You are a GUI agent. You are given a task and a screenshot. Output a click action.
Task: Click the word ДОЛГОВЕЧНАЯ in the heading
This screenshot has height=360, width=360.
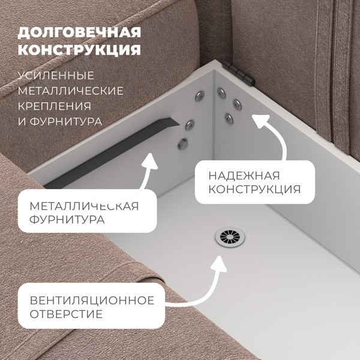tap(79, 32)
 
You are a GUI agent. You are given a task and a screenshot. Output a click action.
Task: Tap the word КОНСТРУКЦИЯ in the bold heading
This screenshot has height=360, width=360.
tap(79, 50)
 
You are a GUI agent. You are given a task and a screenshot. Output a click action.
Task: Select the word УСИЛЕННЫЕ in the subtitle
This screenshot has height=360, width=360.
tap(56, 76)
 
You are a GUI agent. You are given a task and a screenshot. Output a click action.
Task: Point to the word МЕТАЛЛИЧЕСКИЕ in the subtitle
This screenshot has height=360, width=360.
tap(71, 91)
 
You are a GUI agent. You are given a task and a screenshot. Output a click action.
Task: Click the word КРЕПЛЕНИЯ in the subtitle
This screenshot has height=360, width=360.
tap(55, 106)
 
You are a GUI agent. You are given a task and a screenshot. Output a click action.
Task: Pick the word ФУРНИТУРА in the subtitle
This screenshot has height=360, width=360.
tap(66, 121)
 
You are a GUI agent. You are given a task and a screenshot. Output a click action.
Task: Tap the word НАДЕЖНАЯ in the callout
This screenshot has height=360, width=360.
tap(244, 176)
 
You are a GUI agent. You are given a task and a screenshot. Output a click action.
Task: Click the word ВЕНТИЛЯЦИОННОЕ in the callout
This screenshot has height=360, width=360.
tap(92, 301)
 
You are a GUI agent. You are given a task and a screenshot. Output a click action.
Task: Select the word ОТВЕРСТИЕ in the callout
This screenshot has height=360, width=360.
tap(66, 314)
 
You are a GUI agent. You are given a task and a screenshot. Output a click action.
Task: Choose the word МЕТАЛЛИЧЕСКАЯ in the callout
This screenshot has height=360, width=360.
tap(84, 206)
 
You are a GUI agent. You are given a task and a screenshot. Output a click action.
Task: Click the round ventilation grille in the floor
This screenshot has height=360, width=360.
tap(230, 237)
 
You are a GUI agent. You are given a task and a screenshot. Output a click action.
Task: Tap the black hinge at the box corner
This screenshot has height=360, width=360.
tap(238, 73)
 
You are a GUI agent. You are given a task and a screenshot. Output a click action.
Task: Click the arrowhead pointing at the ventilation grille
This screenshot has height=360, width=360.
tap(219, 264)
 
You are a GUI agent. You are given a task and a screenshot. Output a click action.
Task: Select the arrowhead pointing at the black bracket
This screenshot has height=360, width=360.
tap(149, 161)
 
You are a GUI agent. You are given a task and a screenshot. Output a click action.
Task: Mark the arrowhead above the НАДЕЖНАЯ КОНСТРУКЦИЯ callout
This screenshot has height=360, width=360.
tap(260, 121)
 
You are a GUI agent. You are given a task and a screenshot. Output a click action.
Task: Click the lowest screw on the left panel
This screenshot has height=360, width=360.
tap(183, 144)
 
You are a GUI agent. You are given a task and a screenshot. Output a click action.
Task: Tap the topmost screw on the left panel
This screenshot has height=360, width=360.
tap(200, 96)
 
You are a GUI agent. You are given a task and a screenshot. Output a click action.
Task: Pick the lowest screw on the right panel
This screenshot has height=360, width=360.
tap(229, 119)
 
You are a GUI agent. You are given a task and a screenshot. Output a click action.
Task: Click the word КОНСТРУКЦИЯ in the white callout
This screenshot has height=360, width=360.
tap(254, 190)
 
